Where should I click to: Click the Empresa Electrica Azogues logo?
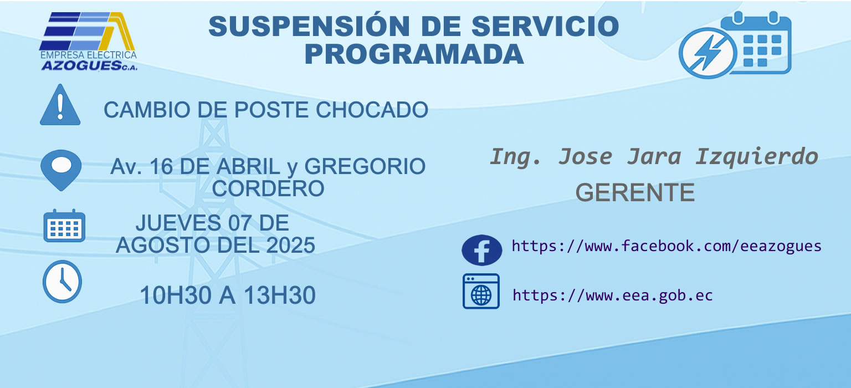click(x=88, y=42)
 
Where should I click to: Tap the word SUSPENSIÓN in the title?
click(x=309, y=26)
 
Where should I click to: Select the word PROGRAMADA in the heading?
click(x=414, y=54)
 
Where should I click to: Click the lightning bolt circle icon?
click(x=708, y=53)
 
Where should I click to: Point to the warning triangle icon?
click(x=60, y=105)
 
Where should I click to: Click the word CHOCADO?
click(x=372, y=110)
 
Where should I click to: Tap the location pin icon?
click(x=61, y=170)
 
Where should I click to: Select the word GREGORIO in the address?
click(x=365, y=166)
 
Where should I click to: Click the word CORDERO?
click(x=268, y=188)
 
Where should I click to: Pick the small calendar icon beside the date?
click(x=64, y=226)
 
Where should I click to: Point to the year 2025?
click(x=291, y=245)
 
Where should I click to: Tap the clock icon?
click(x=62, y=282)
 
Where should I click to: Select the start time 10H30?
click(x=176, y=295)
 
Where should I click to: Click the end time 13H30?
click(x=280, y=295)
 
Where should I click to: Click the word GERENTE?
click(x=635, y=192)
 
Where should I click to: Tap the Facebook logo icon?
click(x=481, y=250)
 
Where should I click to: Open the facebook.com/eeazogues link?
click(x=667, y=246)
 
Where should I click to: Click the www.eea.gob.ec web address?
click(x=612, y=295)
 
